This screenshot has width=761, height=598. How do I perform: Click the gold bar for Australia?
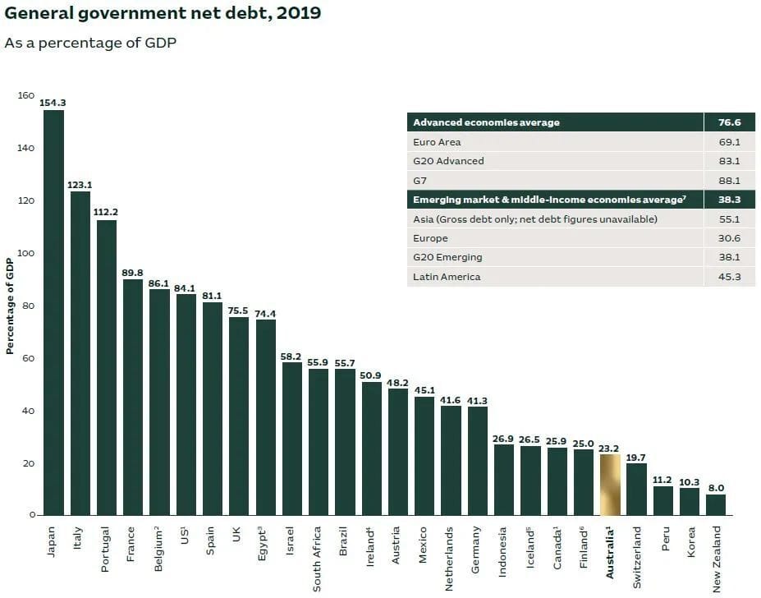pyautogui.click(x=610, y=485)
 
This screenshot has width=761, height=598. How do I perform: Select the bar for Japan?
pyautogui.click(x=53, y=312)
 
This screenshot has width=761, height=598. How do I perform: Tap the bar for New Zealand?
pyautogui.click(x=716, y=504)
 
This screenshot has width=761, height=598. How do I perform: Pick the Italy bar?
pyautogui.click(x=80, y=353)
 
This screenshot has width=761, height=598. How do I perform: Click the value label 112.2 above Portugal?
pyautogui.click(x=107, y=212)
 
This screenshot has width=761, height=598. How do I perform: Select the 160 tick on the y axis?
pyautogui.click(x=26, y=96)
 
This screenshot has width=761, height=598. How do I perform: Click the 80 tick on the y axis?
pyautogui.click(x=30, y=306)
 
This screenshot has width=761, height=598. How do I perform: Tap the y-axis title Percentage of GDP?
pyautogui.click(x=11, y=306)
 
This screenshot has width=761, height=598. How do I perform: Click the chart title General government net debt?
pyautogui.click(x=163, y=14)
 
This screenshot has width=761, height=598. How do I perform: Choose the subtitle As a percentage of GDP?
pyautogui.click(x=90, y=42)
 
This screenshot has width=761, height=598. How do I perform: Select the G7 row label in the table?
pyautogui.click(x=420, y=181)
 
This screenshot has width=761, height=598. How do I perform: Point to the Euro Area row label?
pyautogui.click(x=437, y=142)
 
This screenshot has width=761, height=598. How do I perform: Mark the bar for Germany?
pyautogui.click(x=478, y=460)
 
